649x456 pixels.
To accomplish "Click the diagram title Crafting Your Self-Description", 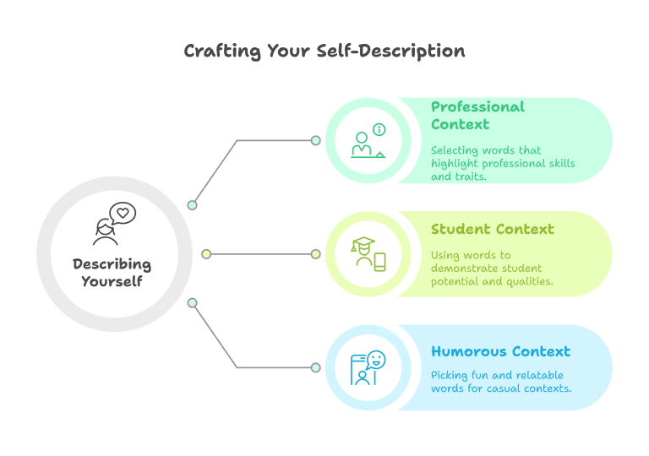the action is [324, 52].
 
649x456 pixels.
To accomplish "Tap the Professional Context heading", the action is [477, 116].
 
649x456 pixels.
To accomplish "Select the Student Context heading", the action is [493, 229].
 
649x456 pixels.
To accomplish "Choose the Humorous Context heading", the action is [501, 351].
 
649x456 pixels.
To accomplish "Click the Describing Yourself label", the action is [112, 272].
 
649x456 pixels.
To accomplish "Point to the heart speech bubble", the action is [123, 213].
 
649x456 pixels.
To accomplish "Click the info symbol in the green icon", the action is [379, 129].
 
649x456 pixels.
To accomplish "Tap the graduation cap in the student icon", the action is [363, 243].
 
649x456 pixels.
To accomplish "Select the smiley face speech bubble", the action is [376, 360].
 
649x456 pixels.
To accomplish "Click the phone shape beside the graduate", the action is [380, 262].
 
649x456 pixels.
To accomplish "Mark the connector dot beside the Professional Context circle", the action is [316, 140].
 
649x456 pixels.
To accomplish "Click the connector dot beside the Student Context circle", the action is [316, 254].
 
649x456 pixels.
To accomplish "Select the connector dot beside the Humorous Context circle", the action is [316, 367].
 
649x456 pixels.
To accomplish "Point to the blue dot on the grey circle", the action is [192, 303].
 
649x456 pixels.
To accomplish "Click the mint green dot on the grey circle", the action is [192, 205].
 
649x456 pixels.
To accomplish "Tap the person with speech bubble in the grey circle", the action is [114, 224].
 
